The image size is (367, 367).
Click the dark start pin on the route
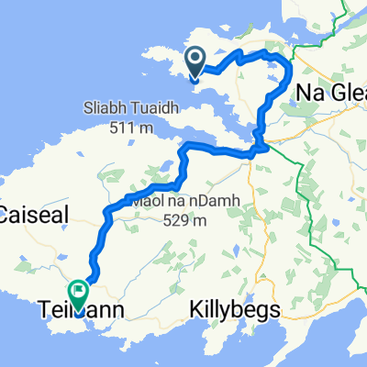click(x=196, y=62)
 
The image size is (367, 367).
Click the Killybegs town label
click(x=234, y=311)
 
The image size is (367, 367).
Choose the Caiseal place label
click(x=28, y=217)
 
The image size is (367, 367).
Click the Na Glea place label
click(x=333, y=93)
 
